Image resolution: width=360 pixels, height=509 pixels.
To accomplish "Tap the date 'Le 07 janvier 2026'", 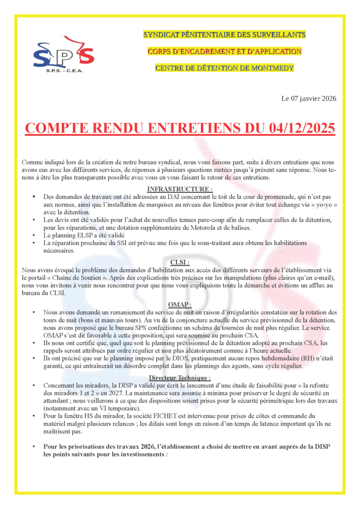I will tap(309, 98).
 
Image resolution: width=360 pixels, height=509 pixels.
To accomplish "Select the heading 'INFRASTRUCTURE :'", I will tap(180, 189).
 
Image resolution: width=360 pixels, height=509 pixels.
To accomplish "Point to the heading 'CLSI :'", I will tap(180, 261).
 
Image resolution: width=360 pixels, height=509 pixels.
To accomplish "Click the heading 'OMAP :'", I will tap(180, 305).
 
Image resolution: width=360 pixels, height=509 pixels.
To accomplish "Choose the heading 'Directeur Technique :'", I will tap(180, 378).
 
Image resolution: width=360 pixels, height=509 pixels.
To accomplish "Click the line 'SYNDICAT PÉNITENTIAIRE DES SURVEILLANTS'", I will tap(224, 35).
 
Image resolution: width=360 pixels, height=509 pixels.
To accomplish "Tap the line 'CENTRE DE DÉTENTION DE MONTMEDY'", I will tap(224, 68).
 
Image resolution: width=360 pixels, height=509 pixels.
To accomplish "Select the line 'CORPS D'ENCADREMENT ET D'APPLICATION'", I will tap(224, 51).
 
